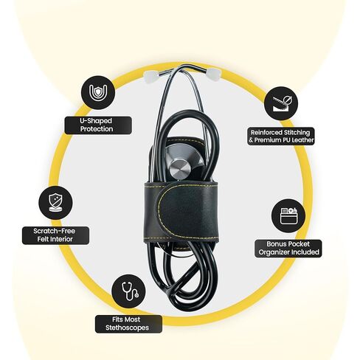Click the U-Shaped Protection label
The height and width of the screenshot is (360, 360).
click(98, 125)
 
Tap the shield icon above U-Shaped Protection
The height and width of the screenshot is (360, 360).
click(98, 93)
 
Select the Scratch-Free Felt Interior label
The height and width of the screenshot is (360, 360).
click(55, 235)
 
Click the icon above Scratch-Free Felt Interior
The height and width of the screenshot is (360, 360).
click(55, 203)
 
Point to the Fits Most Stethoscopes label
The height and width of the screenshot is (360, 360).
click(128, 324)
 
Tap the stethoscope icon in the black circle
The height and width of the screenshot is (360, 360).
click(128, 291)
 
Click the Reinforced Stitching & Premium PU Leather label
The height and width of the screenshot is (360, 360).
click(281, 136)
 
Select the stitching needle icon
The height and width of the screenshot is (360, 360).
click(281, 103)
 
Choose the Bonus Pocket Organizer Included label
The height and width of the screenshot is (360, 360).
click(288, 249)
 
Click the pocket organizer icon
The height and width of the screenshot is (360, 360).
click(288, 216)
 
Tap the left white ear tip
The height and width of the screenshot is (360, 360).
click(149, 75)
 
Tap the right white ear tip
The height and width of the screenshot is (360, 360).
click(213, 73)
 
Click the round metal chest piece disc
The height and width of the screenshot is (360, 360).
click(180, 169)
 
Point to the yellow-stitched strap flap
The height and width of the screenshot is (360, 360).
click(187, 212)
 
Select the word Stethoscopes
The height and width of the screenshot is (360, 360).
click(127, 328)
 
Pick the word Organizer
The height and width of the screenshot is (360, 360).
click(274, 252)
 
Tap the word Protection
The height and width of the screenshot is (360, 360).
click(97, 129)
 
